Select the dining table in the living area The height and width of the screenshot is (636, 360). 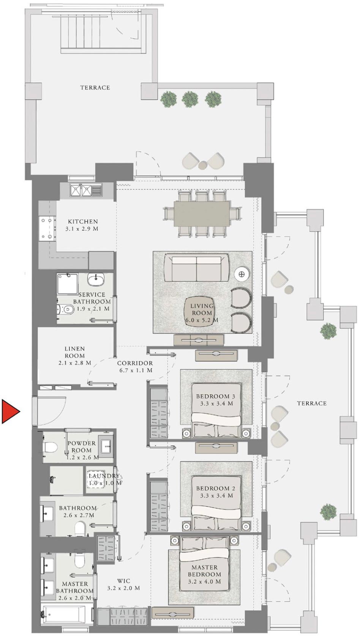click(202, 214)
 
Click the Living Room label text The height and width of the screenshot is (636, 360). click(202, 310)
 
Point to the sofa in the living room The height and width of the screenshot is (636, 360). click(196, 268)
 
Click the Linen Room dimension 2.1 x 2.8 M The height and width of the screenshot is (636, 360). click(74, 362)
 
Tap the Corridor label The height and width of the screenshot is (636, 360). click(135, 363)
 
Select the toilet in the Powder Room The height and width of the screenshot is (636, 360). click(50, 447)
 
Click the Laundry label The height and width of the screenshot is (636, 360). click(104, 476)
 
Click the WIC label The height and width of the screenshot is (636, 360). click(124, 581)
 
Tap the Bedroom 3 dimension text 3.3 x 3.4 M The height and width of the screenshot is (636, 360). click(216, 403)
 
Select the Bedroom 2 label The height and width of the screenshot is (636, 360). click(216, 488)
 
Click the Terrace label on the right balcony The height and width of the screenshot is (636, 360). click(312, 403)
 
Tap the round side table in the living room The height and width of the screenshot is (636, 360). click(242, 274)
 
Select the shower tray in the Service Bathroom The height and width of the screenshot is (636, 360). click(67, 284)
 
